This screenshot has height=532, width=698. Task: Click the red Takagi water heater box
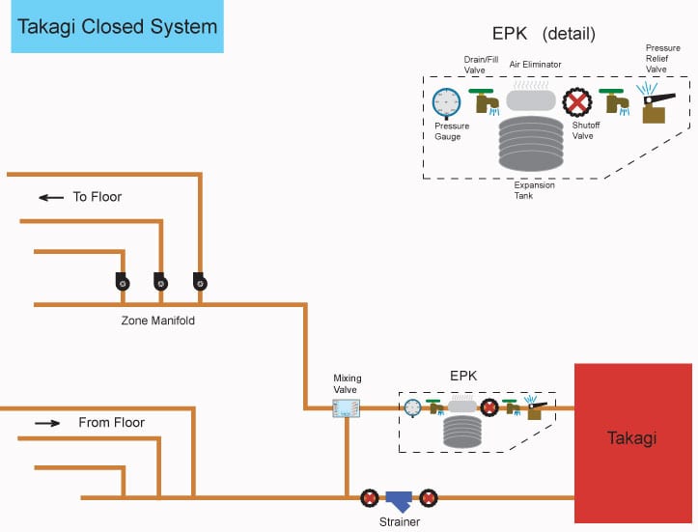coord(633,443)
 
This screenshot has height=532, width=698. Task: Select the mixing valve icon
coord(347,408)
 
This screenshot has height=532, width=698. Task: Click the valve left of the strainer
coord(370,498)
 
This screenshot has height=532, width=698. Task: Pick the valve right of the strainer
coord(429,498)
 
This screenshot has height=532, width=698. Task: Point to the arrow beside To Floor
coord(51,197)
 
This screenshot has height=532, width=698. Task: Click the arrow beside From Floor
coord(47,423)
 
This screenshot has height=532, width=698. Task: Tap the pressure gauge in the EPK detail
coord(446,103)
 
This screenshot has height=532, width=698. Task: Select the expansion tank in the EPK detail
coord(531,143)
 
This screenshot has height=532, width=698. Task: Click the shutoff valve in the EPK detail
coord(577,102)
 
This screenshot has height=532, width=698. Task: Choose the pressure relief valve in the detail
coord(656,104)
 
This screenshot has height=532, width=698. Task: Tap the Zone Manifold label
coord(158,321)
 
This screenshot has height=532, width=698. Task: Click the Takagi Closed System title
coord(118,27)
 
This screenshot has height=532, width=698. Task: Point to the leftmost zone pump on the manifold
coord(123,282)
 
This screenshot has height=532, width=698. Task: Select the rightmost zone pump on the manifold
coord(200,281)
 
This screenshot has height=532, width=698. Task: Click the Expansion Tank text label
coord(534,190)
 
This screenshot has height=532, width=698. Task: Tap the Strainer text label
coord(400,521)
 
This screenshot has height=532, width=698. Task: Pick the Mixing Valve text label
coord(348,383)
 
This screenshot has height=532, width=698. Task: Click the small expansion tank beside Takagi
coord(462,432)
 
